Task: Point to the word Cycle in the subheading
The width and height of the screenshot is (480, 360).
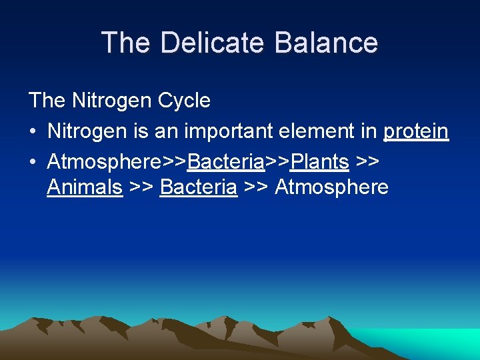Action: point(183,101)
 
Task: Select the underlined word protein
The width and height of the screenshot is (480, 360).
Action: point(415,131)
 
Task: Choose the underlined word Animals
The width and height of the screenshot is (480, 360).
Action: point(85,187)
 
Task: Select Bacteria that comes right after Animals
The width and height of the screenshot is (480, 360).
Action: point(199,187)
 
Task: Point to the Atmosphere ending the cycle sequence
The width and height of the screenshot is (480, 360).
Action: point(331,187)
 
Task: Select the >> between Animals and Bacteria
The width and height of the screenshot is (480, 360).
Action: point(141,187)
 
